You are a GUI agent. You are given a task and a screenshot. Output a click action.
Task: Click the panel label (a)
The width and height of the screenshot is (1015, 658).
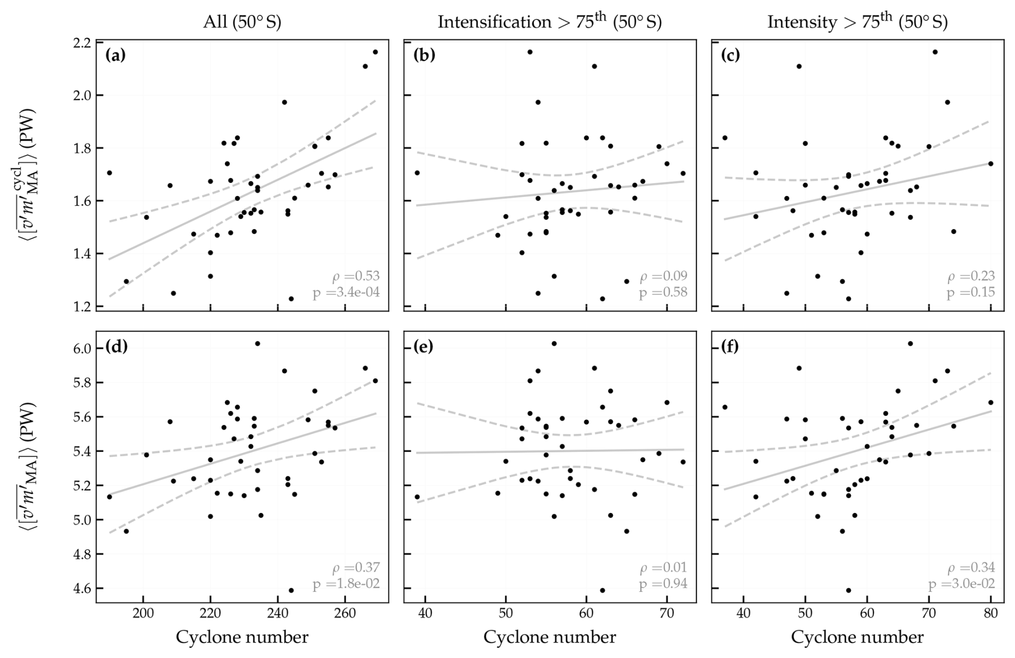(115, 55)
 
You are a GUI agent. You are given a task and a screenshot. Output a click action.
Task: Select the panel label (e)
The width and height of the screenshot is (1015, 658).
(423, 347)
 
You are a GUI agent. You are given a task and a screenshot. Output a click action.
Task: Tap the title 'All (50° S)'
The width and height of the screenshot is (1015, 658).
(242, 22)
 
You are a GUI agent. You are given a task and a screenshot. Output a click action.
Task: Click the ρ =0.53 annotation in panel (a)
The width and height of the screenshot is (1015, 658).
(356, 276)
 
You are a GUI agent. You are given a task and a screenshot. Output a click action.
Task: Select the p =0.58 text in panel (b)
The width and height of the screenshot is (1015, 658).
(663, 293)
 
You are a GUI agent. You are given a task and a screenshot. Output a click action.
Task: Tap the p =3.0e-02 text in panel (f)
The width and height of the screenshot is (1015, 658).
(962, 584)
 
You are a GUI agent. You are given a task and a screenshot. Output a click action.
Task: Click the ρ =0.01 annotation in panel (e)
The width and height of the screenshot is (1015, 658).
(663, 568)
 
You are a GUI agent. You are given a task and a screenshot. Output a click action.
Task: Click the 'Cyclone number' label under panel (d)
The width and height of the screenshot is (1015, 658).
(242, 638)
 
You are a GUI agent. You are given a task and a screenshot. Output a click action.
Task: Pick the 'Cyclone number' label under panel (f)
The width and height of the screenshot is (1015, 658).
(857, 638)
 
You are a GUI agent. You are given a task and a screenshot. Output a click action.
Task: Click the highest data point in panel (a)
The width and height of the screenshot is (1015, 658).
(375, 52)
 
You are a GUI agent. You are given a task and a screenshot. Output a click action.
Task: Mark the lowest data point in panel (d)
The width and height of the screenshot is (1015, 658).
(291, 590)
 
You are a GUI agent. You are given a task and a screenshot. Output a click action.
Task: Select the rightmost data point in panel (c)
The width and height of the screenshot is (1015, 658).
(991, 164)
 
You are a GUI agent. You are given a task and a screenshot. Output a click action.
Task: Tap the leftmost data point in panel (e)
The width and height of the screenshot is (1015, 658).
(417, 497)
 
